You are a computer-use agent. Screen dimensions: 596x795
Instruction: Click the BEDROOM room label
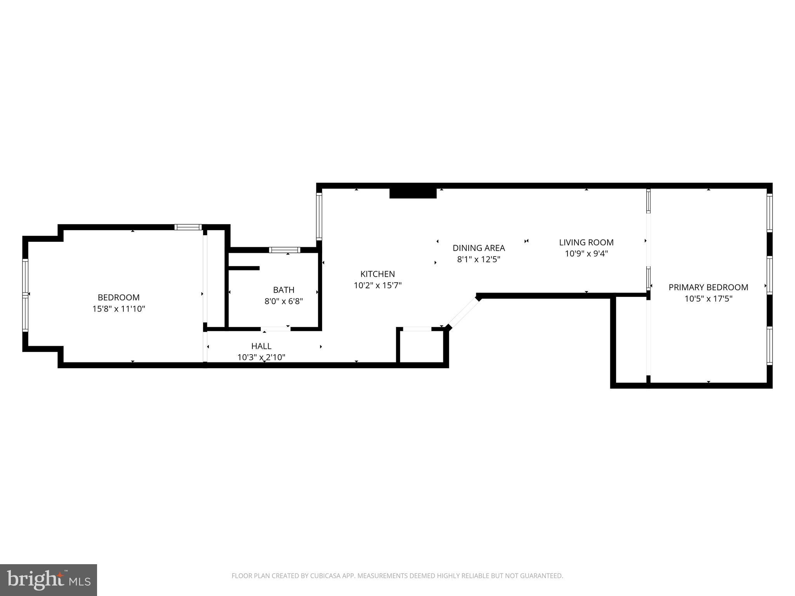[118, 297]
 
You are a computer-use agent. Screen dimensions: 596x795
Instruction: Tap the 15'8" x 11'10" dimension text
[118, 309]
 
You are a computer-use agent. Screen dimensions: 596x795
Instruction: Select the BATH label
[283, 289]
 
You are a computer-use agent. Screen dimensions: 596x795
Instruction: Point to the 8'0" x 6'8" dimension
[283, 301]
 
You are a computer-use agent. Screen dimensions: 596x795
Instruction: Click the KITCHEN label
[377, 274]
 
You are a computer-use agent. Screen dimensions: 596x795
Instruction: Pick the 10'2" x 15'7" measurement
[377, 285]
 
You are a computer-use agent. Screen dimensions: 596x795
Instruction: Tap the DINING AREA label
[479, 248]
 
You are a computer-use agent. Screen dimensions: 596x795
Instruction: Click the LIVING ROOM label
[586, 242]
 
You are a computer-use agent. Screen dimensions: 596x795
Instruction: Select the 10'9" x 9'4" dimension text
[586, 254]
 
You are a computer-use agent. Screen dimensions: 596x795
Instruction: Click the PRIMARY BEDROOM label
[708, 287]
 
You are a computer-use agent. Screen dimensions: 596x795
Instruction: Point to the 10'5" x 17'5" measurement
[708, 299]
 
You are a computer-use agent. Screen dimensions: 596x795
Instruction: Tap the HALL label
[261, 346]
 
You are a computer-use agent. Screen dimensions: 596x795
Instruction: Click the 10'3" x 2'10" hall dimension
[261, 357]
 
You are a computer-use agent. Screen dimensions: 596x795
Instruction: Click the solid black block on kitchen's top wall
[413, 193]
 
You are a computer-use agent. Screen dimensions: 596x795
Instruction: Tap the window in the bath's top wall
[285, 249]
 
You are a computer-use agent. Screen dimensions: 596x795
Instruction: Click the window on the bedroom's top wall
[188, 227]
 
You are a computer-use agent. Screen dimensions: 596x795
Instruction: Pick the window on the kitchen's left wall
[319, 216]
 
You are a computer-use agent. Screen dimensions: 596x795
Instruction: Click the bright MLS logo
[49, 580]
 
